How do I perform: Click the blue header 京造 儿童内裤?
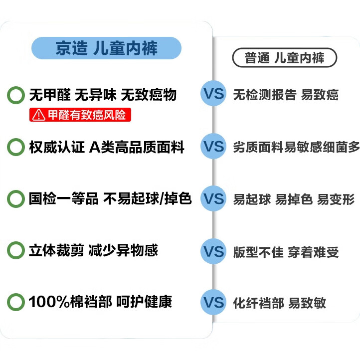pyautogui.click(x=106, y=48)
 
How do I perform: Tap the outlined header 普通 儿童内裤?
pyautogui.click(x=285, y=57)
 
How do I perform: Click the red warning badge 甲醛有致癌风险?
pyautogui.click(x=80, y=115)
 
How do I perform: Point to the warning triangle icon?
pyautogui.click(x=38, y=115)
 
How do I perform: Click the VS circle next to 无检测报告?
pyautogui.click(x=213, y=93)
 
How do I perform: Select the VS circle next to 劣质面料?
pyautogui.click(x=213, y=146)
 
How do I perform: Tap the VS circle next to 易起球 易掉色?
pyautogui.click(x=213, y=198)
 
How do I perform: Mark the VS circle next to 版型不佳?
pyautogui.click(x=213, y=251)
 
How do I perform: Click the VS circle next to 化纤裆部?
pyautogui.click(x=213, y=302)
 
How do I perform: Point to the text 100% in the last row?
pyautogui.click(x=49, y=302)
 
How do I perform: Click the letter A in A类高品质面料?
pyautogui.click(x=95, y=147)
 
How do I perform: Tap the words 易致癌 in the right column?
pyautogui.click(x=320, y=95)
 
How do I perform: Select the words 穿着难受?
pyautogui.click(x=313, y=252)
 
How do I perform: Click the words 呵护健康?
pyautogui.click(x=144, y=302)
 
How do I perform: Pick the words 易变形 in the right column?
pyautogui.click(x=336, y=199)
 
